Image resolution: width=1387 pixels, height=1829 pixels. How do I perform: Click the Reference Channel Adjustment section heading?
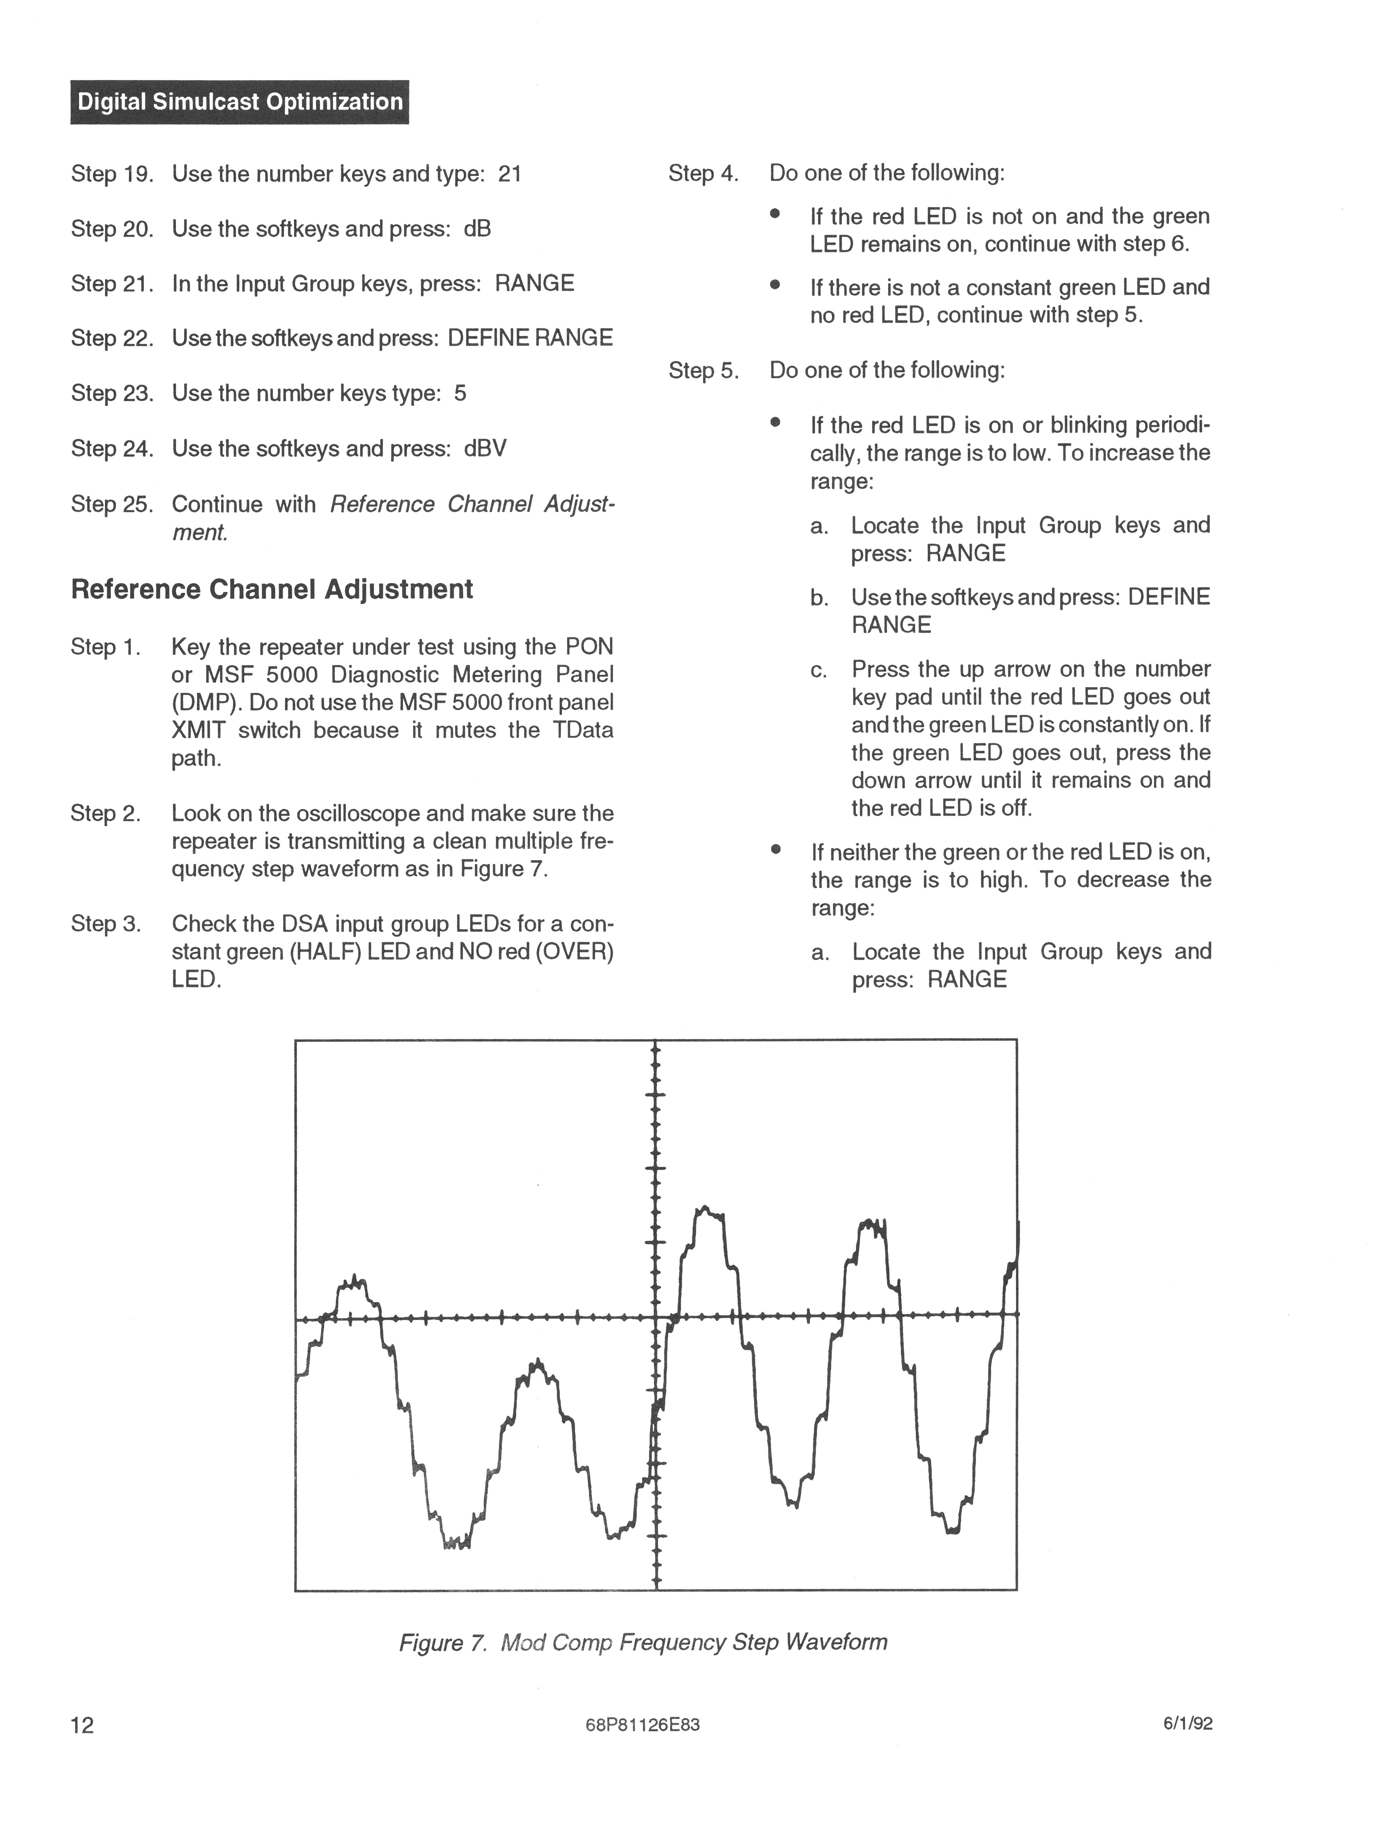pyautogui.click(x=272, y=589)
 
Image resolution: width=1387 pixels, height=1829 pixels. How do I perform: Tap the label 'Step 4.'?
pyautogui.click(x=703, y=174)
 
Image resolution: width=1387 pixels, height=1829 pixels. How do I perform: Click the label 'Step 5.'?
pyautogui.click(x=703, y=370)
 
